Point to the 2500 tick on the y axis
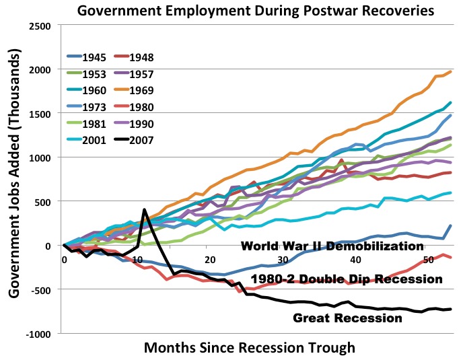42,26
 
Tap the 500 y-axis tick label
44,201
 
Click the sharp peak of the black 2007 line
144,210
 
